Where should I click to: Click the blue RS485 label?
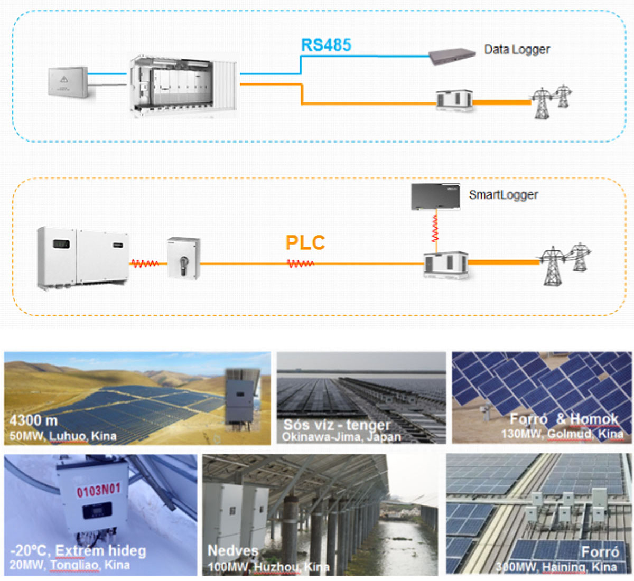(326, 45)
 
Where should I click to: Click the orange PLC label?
(305, 243)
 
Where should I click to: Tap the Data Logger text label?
(517, 50)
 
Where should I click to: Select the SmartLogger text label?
(503, 195)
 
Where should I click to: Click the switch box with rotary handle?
(183, 258)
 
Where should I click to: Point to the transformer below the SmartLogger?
(446, 265)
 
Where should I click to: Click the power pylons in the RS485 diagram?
(551, 101)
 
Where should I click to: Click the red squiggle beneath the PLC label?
(301, 263)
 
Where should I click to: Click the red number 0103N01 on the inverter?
(99, 490)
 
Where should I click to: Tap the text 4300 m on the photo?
(33, 421)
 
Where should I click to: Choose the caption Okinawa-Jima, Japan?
(341, 437)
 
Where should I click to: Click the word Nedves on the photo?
(232, 551)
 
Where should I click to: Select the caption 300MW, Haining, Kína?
(556, 567)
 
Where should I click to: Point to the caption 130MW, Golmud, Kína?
(562, 434)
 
